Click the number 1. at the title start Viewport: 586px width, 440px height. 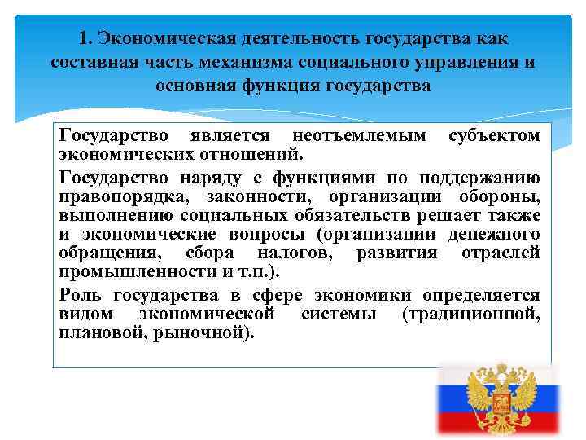(x=87, y=39)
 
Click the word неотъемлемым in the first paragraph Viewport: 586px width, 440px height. (x=358, y=135)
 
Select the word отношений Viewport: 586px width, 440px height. (x=260, y=154)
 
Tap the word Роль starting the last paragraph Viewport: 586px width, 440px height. (x=81, y=295)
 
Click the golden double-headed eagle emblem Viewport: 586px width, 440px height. (x=497, y=399)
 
